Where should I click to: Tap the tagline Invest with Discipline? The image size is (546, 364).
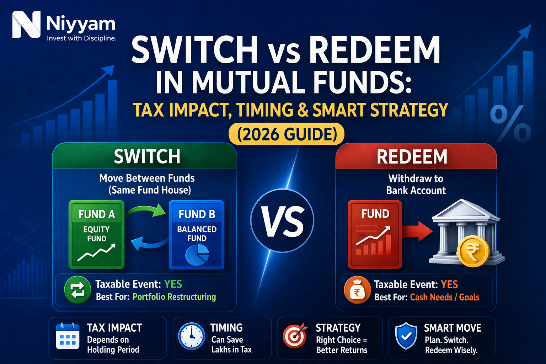[x=81, y=38]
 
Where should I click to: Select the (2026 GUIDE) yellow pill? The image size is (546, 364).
[x=287, y=134]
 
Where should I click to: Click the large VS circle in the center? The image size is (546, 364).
[x=282, y=220]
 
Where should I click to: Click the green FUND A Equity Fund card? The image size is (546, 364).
[x=96, y=234]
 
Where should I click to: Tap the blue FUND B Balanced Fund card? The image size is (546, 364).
[x=197, y=234]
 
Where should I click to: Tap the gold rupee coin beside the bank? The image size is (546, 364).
[x=473, y=252]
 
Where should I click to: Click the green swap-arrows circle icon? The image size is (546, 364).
[x=77, y=290]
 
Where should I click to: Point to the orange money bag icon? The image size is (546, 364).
[x=357, y=290]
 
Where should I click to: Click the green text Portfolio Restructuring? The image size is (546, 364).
[x=174, y=297]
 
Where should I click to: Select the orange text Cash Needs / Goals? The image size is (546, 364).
[x=445, y=297]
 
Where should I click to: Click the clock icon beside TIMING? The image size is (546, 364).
[x=191, y=336]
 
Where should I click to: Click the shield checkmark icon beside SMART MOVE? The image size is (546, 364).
[x=406, y=336]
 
